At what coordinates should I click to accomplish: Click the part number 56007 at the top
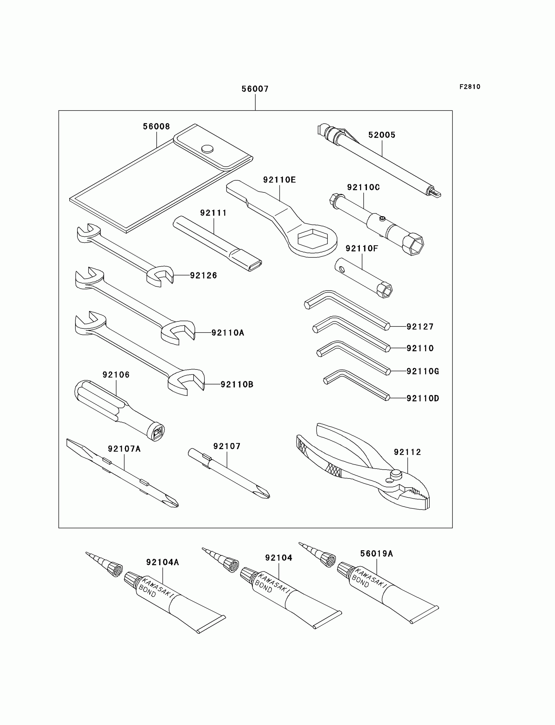click(x=255, y=89)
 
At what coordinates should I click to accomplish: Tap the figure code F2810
click(x=469, y=87)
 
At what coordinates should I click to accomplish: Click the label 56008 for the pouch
click(x=156, y=127)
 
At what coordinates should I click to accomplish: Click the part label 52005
click(x=382, y=135)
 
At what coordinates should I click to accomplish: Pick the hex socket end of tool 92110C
click(x=413, y=245)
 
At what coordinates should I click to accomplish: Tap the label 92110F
click(x=361, y=249)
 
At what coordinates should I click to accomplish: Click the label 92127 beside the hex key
click(x=420, y=327)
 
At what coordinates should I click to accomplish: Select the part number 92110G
click(x=422, y=371)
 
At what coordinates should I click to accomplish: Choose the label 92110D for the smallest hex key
click(x=422, y=398)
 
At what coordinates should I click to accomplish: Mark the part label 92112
click(x=407, y=452)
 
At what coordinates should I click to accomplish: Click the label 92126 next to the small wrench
click(x=203, y=275)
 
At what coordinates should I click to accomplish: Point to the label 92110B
click(x=237, y=385)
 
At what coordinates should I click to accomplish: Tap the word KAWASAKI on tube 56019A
click(x=370, y=578)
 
